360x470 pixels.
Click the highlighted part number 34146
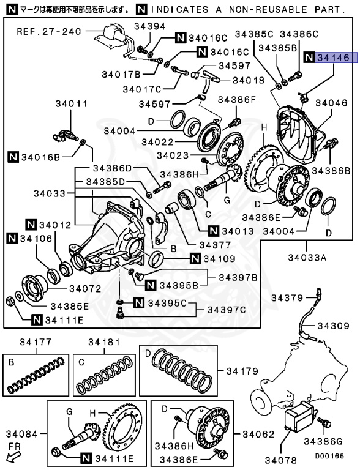[x=332, y=58]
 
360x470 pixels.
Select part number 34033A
[x=307, y=258]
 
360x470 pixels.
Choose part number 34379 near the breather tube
[x=288, y=298]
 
